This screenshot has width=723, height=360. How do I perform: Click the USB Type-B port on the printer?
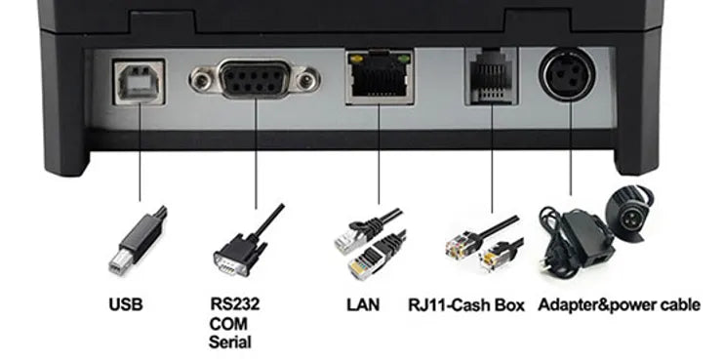coord(139,83)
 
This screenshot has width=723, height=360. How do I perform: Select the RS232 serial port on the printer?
coord(254,79)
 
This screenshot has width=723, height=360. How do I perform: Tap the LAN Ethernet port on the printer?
coord(380,76)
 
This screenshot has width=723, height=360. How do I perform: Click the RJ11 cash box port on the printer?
coord(492,75)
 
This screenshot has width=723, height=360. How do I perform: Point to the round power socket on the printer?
coord(567,75)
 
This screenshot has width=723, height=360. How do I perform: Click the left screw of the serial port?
coord(201,81)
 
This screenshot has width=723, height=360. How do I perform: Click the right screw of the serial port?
coord(306,81)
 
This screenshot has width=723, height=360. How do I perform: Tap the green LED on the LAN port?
coord(404,59)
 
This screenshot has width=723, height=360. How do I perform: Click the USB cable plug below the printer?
coord(138,241)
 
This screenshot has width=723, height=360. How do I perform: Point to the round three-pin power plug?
coord(629,214)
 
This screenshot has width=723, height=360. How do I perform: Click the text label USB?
coord(126,304)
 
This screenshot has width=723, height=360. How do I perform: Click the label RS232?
coord(235,303)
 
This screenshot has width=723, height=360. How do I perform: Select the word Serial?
coord(230,342)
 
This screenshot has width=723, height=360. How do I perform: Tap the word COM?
coord(228,323)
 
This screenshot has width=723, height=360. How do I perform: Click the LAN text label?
coord(363,304)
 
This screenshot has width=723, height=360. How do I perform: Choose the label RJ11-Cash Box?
coord(466,304)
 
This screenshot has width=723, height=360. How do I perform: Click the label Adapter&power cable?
coord(619,304)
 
